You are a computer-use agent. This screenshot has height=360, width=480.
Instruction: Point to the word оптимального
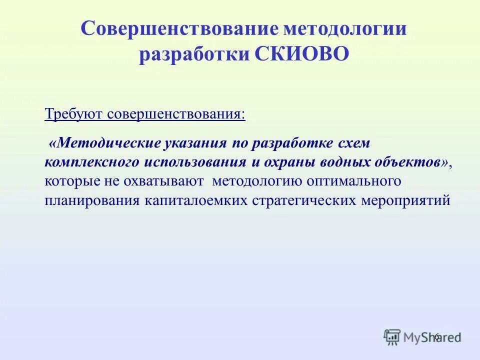coord(350,181)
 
